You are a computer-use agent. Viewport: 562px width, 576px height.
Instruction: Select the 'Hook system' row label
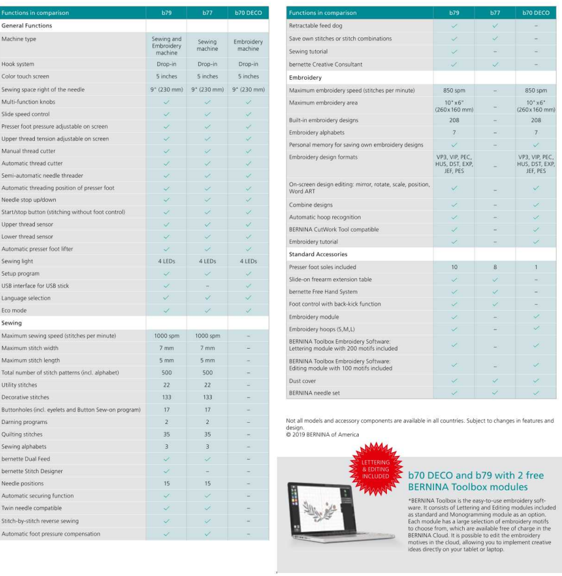[x=18, y=64]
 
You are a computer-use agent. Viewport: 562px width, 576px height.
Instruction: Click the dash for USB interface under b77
[x=207, y=286]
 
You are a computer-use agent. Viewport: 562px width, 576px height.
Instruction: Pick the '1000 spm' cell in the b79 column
[x=166, y=336]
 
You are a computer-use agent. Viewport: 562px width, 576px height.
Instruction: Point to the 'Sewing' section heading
[x=11, y=323]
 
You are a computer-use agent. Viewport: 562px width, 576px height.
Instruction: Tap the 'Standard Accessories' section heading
[x=318, y=254]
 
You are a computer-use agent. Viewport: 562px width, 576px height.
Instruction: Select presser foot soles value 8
[x=494, y=267]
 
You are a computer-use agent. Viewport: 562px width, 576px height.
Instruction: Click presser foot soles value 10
[x=454, y=267]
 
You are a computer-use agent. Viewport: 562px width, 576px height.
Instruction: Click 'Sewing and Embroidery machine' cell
[x=166, y=45]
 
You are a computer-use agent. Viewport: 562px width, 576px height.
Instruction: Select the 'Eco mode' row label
[x=13, y=311]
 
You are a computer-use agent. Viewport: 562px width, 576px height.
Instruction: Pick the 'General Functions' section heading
[x=26, y=26]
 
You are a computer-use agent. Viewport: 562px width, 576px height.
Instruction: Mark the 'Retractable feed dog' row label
[x=315, y=26]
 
